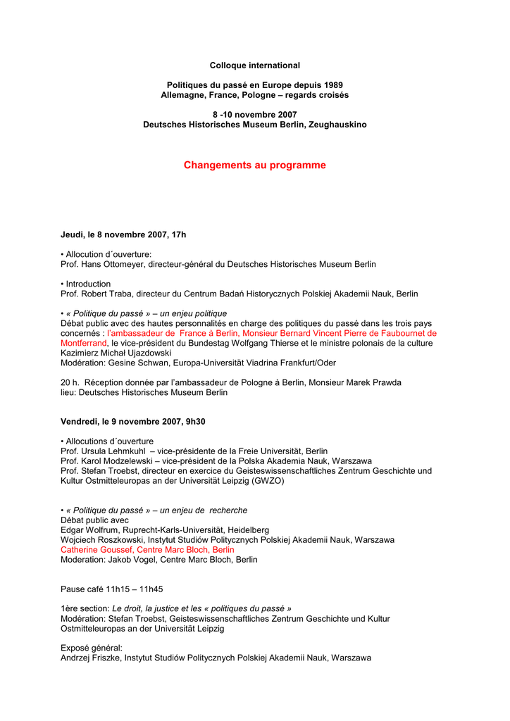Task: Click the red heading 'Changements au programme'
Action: [x=254, y=165]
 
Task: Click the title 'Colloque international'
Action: [x=254, y=65]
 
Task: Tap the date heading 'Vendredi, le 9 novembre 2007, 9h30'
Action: [x=132, y=421]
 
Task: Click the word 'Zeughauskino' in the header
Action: [x=338, y=125]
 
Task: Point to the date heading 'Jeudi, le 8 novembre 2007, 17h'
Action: [x=123, y=234]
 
